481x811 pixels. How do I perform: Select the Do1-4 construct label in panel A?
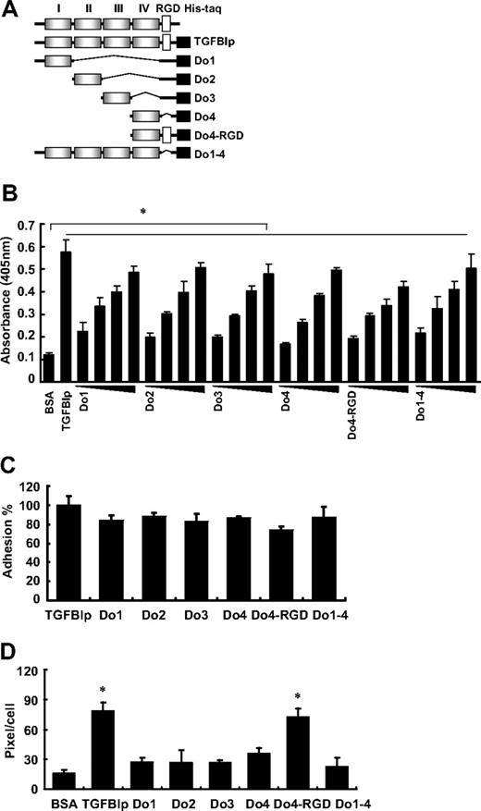pyautogui.click(x=207, y=154)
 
